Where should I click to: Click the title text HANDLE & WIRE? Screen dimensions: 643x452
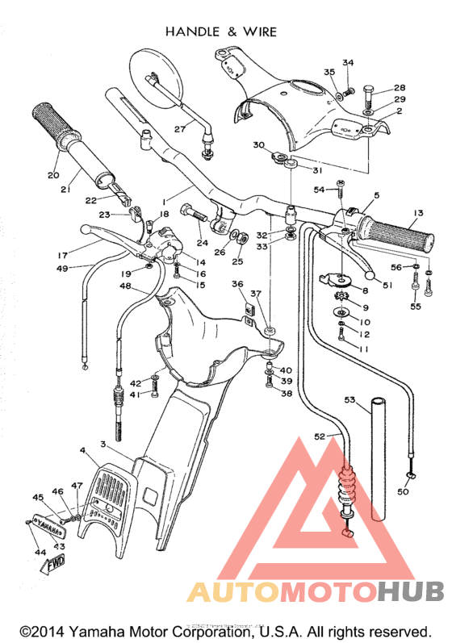pyautogui.click(x=220, y=31)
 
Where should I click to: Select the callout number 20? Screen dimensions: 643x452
pyautogui.click(x=53, y=175)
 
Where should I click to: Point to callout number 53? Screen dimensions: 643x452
pyautogui.click(x=349, y=399)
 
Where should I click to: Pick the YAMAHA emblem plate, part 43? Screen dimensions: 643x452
pyautogui.click(x=49, y=529)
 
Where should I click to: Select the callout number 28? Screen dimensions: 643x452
pyautogui.click(x=399, y=88)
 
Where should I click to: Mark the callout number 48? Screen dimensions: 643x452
pyautogui.click(x=125, y=286)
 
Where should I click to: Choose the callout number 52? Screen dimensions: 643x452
pyautogui.click(x=320, y=436)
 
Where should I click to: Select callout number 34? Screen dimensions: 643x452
pyautogui.click(x=348, y=63)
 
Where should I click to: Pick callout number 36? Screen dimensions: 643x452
pyautogui.click(x=236, y=284)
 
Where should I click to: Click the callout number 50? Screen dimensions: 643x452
pyautogui.click(x=404, y=491)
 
